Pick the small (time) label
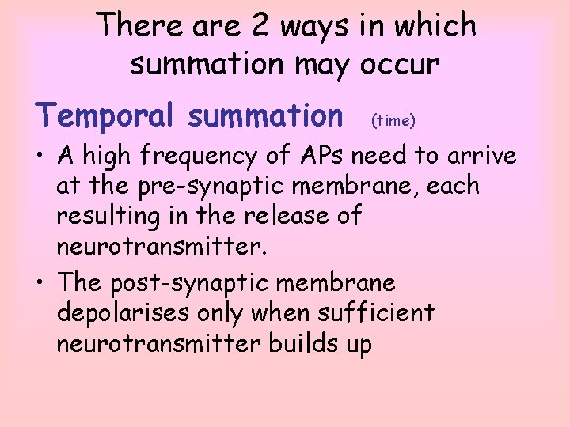[393, 120]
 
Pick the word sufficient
[376, 312]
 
